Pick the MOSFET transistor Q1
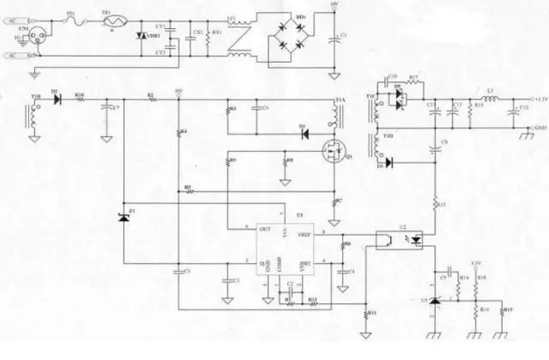(x=331, y=154)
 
